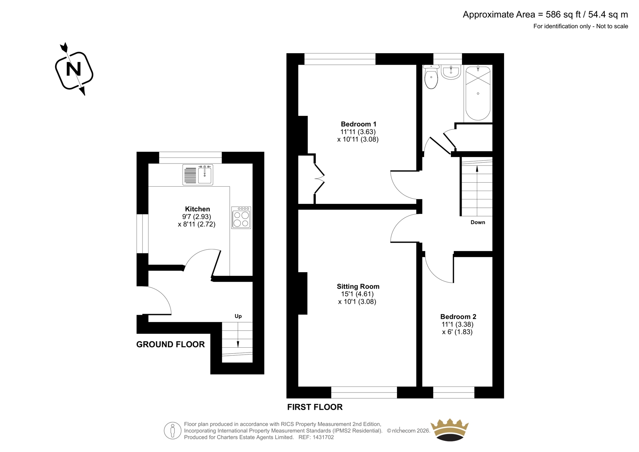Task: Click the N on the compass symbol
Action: point(73,69)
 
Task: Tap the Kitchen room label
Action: point(197,209)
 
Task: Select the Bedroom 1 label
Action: point(359,124)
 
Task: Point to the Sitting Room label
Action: point(358,287)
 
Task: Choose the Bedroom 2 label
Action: point(458,317)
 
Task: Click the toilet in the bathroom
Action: point(431,76)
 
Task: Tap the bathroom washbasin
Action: point(451,72)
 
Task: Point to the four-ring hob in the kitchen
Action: point(241,217)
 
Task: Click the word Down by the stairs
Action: point(478,223)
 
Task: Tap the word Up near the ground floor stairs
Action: point(238,317)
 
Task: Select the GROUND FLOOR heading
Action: point(171,344)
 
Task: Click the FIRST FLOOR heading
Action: point(315,407)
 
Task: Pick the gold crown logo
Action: point(450,430)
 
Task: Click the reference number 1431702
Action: point(323,437)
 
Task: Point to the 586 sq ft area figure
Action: point(564,14)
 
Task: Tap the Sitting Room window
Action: point(364,392)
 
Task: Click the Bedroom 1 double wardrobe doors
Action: point(319,179)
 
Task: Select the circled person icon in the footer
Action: point(173,430)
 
